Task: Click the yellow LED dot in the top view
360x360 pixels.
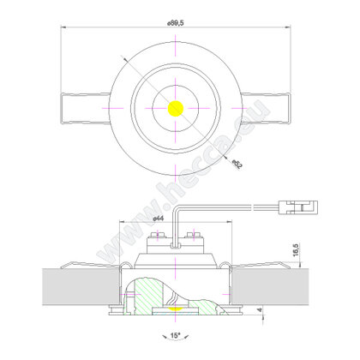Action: click(175, 109)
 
